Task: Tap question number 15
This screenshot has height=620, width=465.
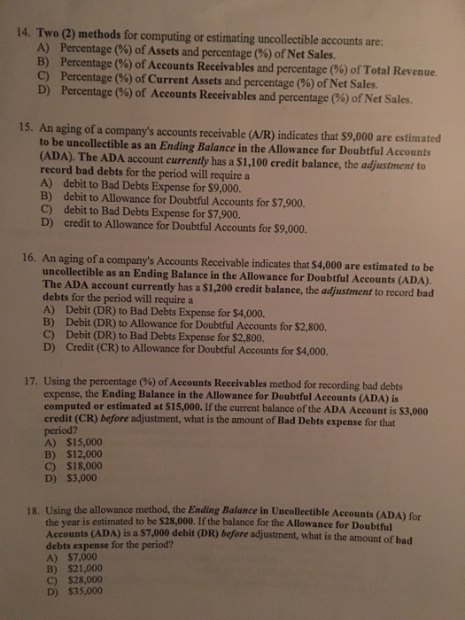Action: click(27, 128)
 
